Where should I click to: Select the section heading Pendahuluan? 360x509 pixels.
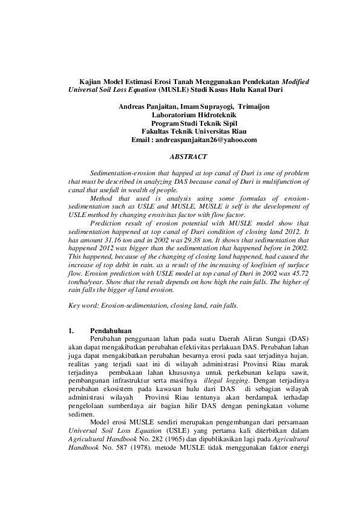(x=111, y=331)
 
